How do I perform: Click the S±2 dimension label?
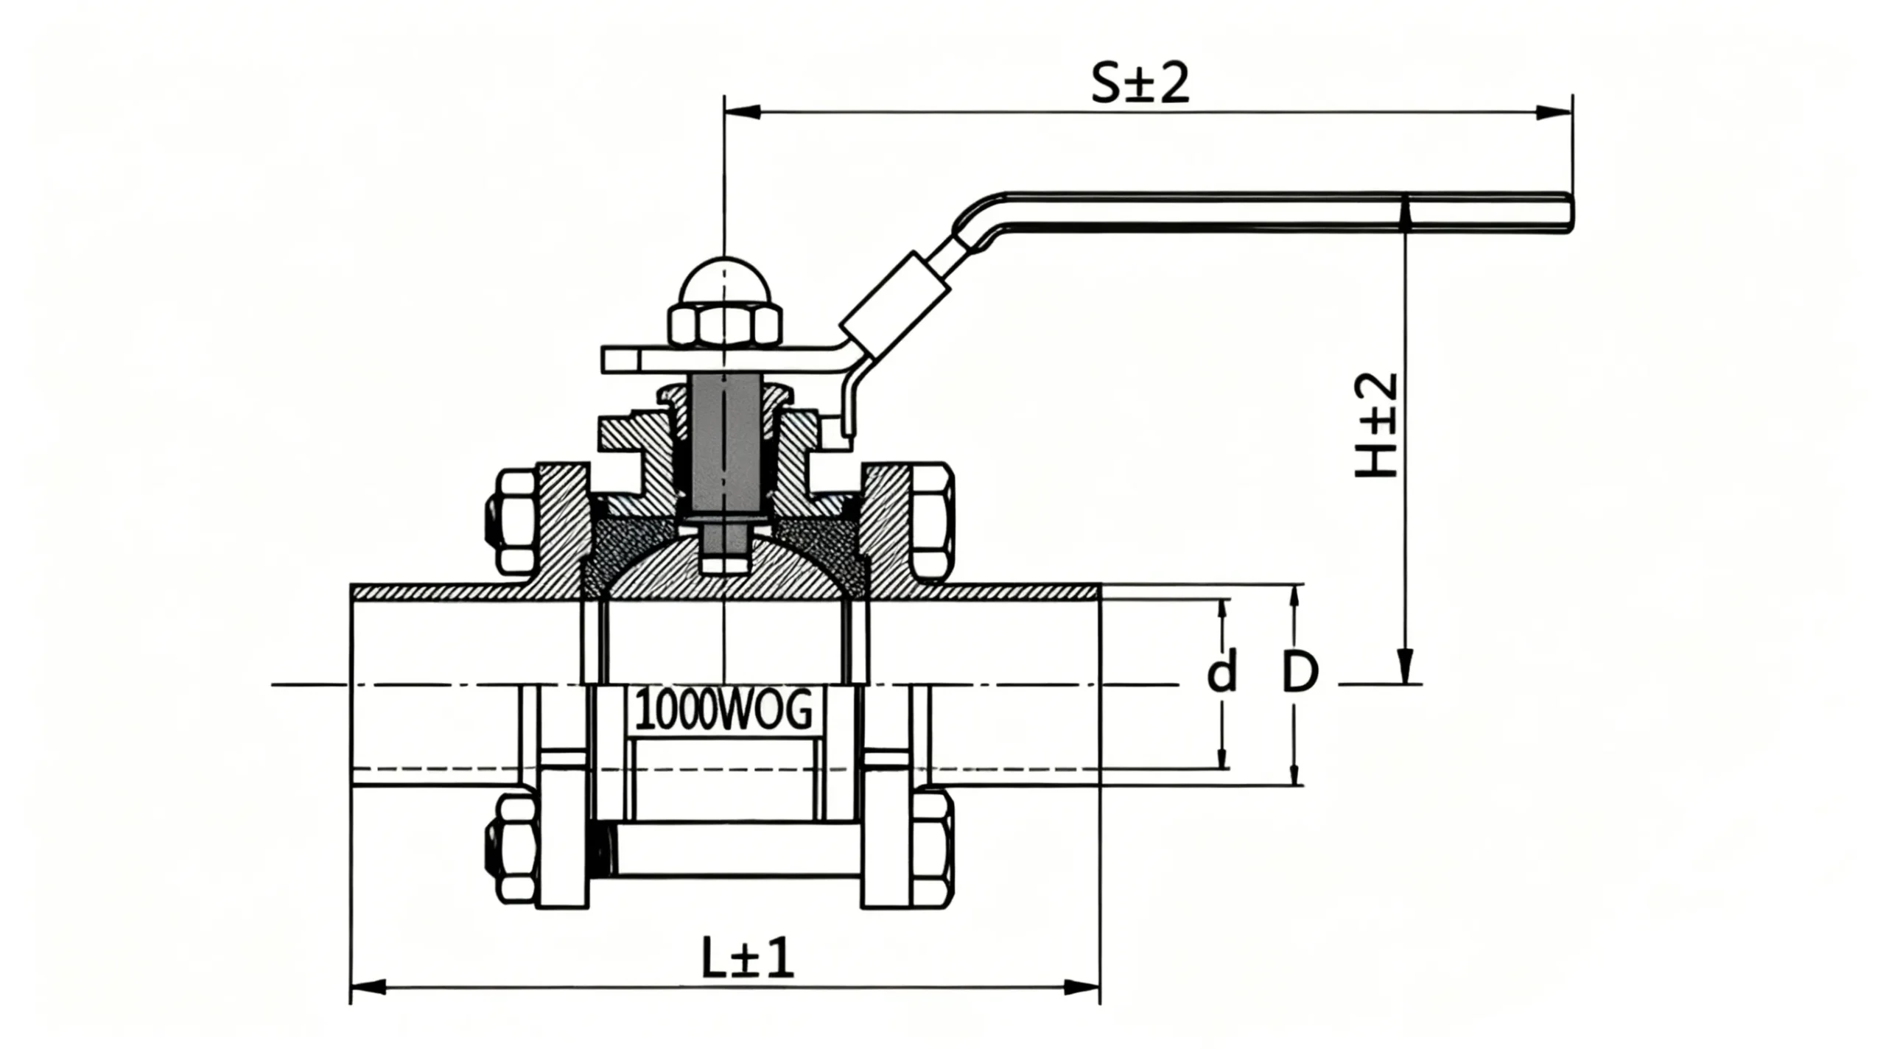coord(1139,84)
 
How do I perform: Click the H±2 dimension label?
coord(1376,425)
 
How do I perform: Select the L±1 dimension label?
coord(747,958)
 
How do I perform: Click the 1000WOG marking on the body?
coord(723,710)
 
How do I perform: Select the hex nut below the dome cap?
coord(725,326)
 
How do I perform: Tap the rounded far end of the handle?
coord(1568,213)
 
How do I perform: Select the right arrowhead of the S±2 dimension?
coord(1553,112)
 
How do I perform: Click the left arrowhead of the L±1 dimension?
coord(368,986)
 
